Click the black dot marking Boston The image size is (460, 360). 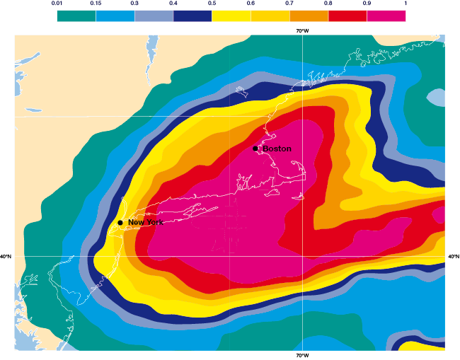(255, 149)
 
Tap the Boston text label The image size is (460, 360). (277, 149)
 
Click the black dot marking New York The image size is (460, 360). (120, 223)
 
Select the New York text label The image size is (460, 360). (145, 223)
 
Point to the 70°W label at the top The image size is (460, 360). (302, 31)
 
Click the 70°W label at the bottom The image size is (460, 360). (302, 355)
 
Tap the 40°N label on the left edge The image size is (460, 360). (6, 257)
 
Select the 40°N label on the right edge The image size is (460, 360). (454, 257)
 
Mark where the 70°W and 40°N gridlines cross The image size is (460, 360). (302, 257)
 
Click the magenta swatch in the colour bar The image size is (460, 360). (386, 16)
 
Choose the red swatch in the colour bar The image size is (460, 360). (347, 16)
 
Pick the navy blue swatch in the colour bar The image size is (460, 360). (192, 16)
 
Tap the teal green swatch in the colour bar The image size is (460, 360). (76, 16)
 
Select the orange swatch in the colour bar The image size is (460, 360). (308, 16)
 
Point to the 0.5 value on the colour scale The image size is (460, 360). (212, 4)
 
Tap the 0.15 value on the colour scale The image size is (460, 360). (96, 4)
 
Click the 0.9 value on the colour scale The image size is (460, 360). (367, 4)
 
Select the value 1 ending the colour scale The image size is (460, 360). (405, 4)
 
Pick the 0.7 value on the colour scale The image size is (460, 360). (289, 4)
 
